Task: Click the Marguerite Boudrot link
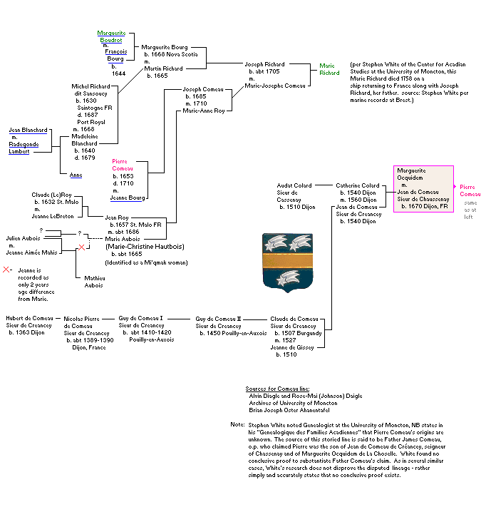111,36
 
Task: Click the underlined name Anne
76,175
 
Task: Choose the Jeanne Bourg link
128,198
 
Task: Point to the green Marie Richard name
329,69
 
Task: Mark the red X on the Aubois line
81,247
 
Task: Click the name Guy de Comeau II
219,319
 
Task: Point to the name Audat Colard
294,186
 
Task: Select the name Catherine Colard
358,186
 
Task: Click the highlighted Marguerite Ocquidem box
423,188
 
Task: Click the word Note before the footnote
237,424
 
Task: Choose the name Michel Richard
90,86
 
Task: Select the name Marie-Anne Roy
203,111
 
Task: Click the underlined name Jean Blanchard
28,130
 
